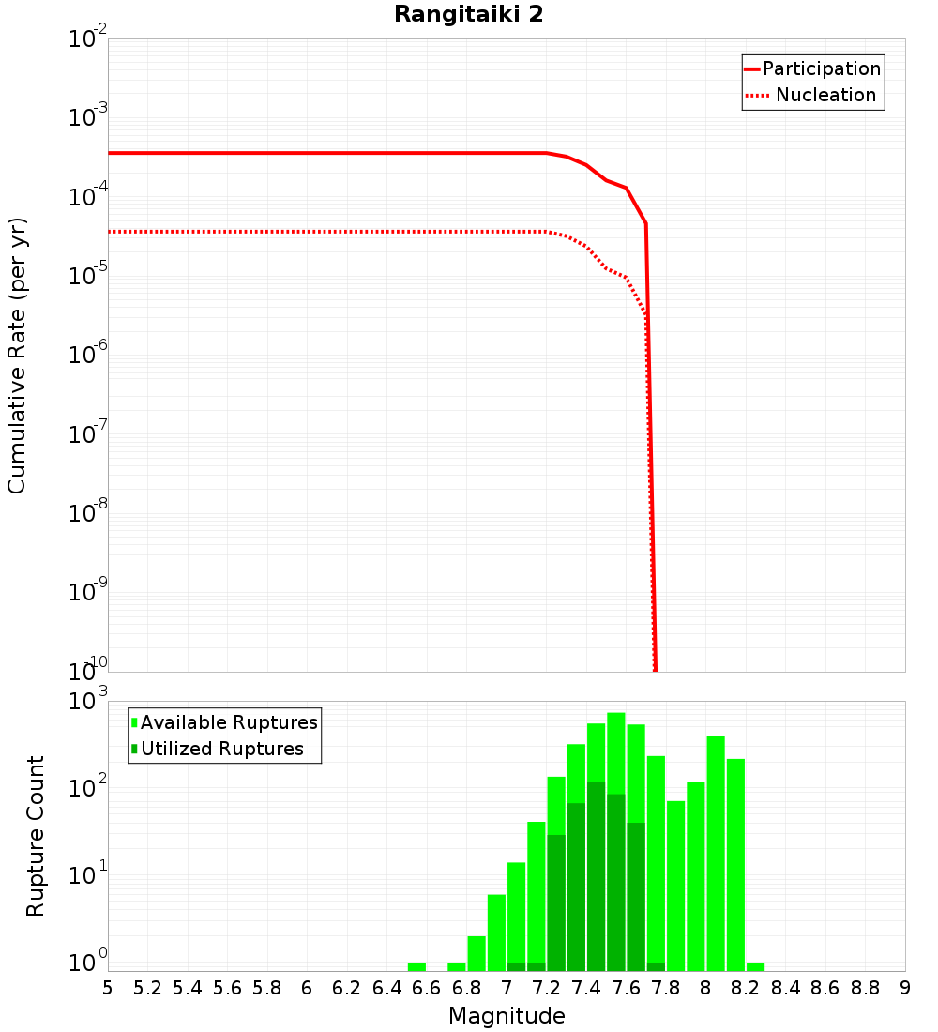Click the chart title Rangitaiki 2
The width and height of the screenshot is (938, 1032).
[x=468, y=15]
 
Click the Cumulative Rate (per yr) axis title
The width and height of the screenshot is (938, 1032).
[x=17, y=356]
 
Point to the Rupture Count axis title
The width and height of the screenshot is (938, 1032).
[x=36, y=836]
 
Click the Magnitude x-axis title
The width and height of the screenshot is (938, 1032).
[x=507, y=1016]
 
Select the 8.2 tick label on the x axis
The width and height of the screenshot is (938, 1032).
[x=745, y=987]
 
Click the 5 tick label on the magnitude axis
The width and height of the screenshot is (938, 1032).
[x=108, y=987]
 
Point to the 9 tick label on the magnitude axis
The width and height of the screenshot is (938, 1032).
[x=905, y=987]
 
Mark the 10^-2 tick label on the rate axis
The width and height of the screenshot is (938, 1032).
[x=88, y=39]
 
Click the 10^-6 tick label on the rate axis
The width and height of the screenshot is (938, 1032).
[x=88, y=355]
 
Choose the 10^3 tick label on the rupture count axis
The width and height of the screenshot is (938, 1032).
[x=88, y=701]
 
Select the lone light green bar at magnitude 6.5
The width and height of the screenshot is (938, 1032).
[x=416, y=966]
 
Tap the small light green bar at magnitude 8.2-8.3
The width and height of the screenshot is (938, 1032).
[x=755, y=966]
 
